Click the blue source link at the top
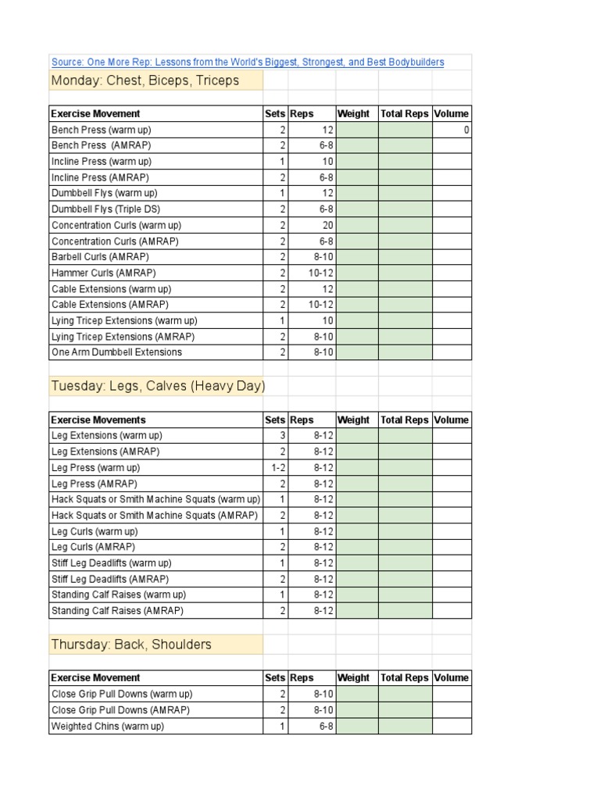(248, 62)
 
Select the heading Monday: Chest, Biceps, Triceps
(145, 81)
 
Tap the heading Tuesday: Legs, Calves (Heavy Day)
(158, 386)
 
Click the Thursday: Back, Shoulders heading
(131, 645)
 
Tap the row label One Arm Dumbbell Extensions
(116, 352)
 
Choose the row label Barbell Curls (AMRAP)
(100, 257)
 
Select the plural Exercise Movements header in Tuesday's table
(98, 420)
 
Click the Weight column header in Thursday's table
(353, 678)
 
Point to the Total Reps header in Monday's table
(404, 114)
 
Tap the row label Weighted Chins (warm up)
(108, 727)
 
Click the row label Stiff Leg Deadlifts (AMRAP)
(110, 580)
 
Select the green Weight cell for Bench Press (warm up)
(357, 130)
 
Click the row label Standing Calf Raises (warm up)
(119, 595)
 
